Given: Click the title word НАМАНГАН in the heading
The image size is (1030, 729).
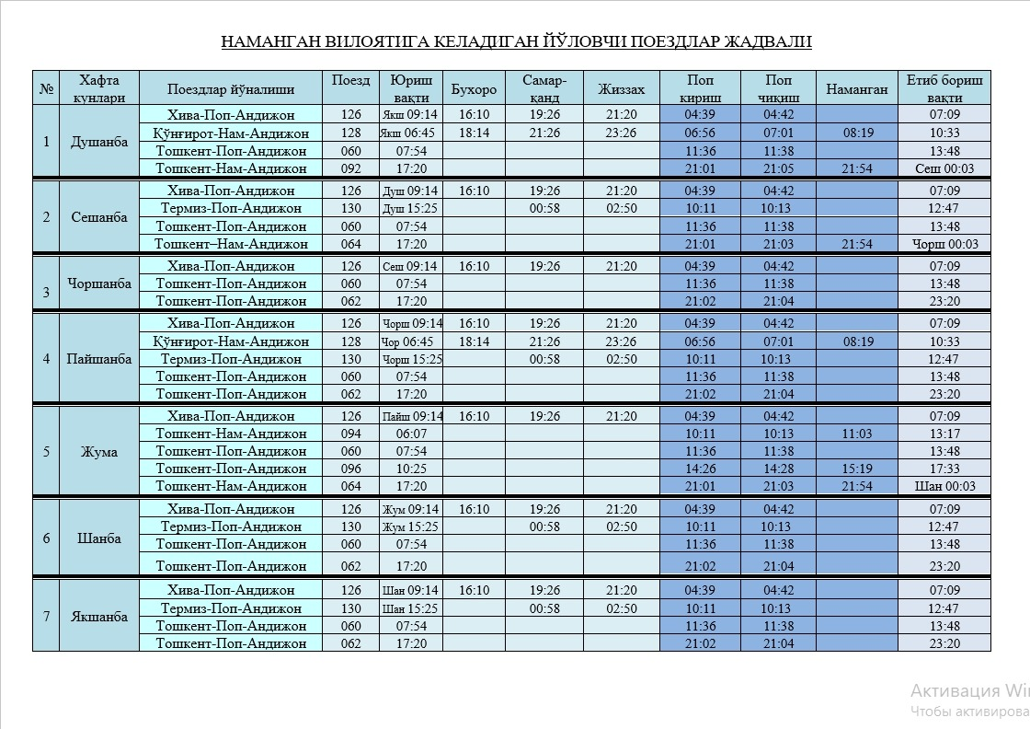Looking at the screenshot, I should [x=268, y=42].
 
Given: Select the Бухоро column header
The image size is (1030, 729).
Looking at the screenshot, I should [x=474, y=89].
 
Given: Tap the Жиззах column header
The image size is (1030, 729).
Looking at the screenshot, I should [x=621, y=89].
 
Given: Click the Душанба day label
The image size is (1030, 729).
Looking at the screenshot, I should [x=98, y=142].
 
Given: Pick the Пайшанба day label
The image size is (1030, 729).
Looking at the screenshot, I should [x=98, y=359].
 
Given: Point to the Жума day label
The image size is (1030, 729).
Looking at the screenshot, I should [x=98, y=452].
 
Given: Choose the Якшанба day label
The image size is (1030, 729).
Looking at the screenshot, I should [x=98, y=617].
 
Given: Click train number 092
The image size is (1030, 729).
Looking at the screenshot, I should [x=350, y=168].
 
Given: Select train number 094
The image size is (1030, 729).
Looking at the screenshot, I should [x=350, y=434].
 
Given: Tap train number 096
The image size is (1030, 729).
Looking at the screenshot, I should [x=350, y=469].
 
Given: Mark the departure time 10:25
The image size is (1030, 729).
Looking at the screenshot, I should [x=411, y=469].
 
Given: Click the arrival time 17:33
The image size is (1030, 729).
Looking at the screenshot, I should [x=944, y=469].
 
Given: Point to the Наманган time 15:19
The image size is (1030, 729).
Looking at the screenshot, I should [x=856, y=469].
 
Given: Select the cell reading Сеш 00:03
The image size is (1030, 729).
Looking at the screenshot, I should [x=944, y=168].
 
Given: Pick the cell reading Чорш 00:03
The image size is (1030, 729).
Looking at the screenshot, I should [x=944, y=244].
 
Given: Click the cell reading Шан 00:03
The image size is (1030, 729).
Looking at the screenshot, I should [x=944, y=486].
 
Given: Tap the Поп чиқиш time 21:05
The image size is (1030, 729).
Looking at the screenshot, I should [x=778, y=168].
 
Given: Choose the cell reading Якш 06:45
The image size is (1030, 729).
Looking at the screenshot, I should [x=410, y=133].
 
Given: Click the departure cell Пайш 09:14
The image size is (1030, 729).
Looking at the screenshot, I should [x=411, y=416].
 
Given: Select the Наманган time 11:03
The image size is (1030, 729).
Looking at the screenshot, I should [x=856, y=434].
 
